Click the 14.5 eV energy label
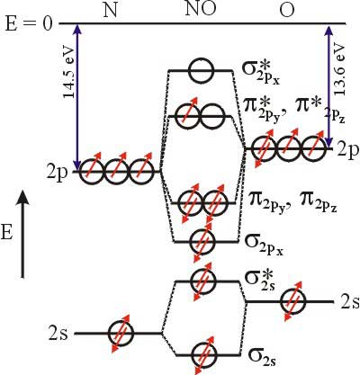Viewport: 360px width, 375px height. [x=68, y=73]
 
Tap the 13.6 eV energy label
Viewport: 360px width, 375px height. [x=339, y=69]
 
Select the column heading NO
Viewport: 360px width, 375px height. [x=201, y=9]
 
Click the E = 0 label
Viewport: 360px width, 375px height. [x=29, y=24]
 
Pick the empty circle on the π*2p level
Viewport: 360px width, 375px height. [x=212, y=116]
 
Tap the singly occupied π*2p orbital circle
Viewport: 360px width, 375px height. [x=188, y=116]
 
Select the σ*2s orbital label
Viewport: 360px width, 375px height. [x=261, y=281]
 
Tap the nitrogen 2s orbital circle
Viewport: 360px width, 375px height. [x=121, y=333]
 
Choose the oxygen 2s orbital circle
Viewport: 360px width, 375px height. [x=293, y=301]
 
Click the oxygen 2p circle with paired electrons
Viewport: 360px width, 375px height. [x=264, y=148]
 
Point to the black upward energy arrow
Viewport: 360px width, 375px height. [x=22, y=235]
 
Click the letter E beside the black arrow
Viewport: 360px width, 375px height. [x=6, y=233]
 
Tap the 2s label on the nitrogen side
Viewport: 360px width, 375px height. [x=58, y=334]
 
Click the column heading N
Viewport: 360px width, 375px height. [x=111, y=11]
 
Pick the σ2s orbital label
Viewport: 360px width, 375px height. [x=262, y=355]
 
